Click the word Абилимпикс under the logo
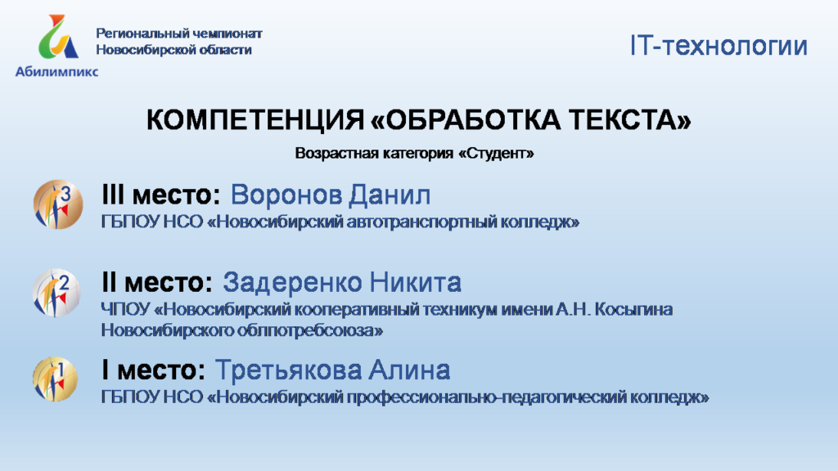click(56, 72)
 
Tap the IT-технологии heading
click(719, 46)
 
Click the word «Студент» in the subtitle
click(496, 154)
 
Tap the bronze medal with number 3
click(58, 204)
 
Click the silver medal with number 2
click(56, 293)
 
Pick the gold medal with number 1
click(55, 379)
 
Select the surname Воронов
click(286, 195)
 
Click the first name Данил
click(390, 195)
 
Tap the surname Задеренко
click(292, 282)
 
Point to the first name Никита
click(415, 282)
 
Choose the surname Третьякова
click(286, 370)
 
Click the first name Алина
click(409, 370)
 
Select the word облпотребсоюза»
click(310, 330)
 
